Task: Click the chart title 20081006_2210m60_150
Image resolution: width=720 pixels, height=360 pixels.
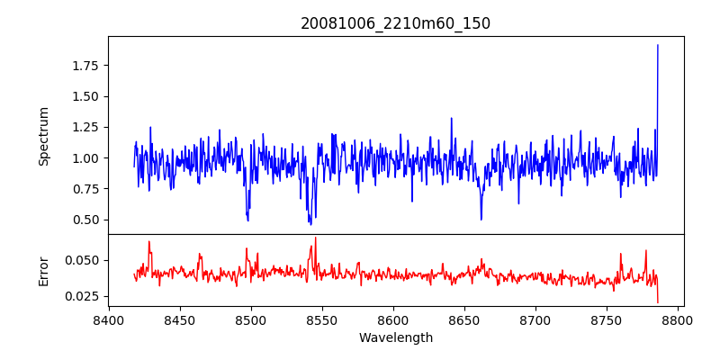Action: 395,23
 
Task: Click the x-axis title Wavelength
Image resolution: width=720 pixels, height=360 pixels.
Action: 395,338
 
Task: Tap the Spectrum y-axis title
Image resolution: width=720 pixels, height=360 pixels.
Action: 43,136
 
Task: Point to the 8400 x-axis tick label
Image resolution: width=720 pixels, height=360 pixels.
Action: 109,319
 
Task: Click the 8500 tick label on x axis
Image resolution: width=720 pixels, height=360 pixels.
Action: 251,319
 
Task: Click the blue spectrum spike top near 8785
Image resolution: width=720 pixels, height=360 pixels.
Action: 658,45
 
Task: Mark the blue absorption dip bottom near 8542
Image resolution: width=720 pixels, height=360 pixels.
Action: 310,224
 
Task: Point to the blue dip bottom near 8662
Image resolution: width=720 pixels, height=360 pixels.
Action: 481,220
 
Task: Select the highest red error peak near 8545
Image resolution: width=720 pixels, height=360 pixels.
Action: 316,238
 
